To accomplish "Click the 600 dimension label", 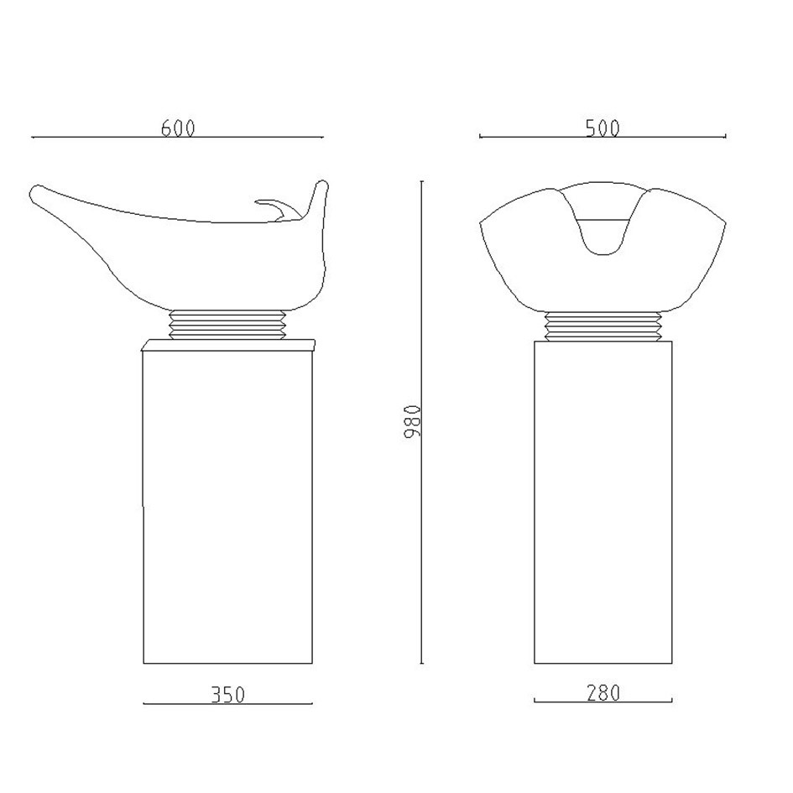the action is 178,128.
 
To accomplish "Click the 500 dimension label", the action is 603,128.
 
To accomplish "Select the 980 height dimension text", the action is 413,420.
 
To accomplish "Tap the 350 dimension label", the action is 227,694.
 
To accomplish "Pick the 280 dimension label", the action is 603,692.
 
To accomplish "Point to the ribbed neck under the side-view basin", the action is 227,324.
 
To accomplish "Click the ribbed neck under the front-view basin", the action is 603,326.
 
